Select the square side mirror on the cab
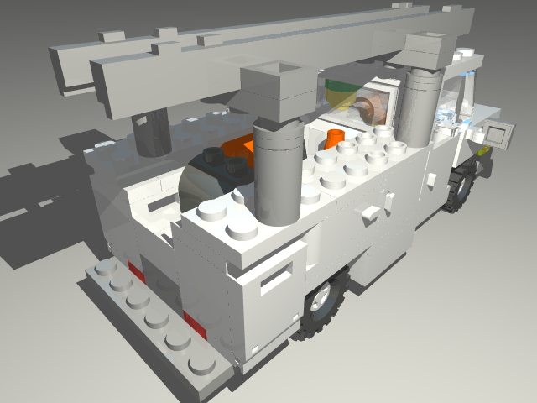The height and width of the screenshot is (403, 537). [x=500, y=134]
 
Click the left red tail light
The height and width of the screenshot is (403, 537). [x=135, y=272]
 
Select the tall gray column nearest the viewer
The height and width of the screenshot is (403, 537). [x=277, y=172]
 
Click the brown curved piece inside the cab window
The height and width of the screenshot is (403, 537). [x=369, y=108]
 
